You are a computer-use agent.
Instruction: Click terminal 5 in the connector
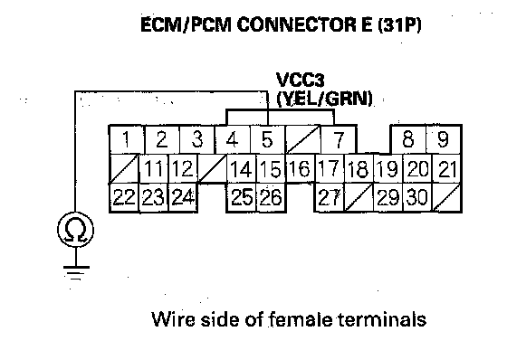coord(267,139)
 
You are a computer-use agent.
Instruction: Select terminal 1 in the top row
coord(127,139)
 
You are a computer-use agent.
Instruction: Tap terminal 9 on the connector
coord(443,139)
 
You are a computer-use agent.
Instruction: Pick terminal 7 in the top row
coord(339,139)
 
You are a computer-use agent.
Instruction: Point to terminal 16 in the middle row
coord(300,168)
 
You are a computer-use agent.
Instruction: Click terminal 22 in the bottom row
coord(125,198)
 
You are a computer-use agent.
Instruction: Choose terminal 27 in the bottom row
coord(330,198)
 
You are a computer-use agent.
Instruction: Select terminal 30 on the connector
coord(417,198)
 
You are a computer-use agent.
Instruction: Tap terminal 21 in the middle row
coord(446,168)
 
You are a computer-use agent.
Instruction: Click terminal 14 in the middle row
coord(242,168)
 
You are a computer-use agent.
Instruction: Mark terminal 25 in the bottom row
coord(242,198)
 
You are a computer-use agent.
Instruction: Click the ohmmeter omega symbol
coord(76,230)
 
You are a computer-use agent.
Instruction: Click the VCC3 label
coord(300,80)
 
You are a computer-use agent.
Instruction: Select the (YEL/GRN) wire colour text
coord(325,99)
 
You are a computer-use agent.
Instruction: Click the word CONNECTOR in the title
coord(304,24)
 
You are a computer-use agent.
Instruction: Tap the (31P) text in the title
coord(399,25)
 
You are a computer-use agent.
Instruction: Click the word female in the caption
coord(300,318)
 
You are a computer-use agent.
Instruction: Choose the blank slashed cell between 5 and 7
coord(302,139)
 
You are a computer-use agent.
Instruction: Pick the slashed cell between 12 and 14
coord(212,168)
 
